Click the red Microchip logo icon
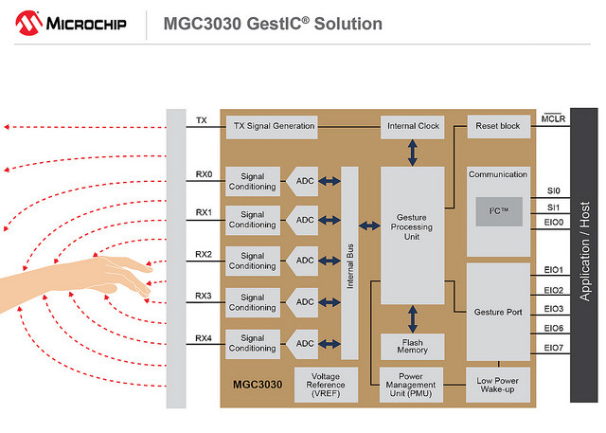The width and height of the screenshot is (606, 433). click(28, 23)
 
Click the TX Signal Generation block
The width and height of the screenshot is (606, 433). click(272, 127)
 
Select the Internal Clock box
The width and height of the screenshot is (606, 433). click(413, 127)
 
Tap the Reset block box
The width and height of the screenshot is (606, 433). click(499, 126)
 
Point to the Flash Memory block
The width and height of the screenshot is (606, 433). click(413, 347)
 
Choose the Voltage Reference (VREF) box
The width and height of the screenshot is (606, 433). click(326, 385)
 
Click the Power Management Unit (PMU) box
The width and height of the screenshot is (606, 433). click(411, 385)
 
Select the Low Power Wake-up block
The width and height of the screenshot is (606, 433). click(498, 385)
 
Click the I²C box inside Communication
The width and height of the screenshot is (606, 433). click(499, 211)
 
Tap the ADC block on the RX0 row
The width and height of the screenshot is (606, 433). click(302, 181)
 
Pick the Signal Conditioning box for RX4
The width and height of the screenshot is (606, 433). click(253, 344)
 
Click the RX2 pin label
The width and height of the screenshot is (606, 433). click(204, 254)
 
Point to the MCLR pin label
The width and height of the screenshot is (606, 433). click(553, 118)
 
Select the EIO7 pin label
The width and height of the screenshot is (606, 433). click(553, 348)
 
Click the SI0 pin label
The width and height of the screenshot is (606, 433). click(553, 190)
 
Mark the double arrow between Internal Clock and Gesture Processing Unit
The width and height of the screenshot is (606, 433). click(413, 153)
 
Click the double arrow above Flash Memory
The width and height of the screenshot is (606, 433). click(413, 319)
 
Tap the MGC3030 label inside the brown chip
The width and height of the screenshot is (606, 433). click(258, 385)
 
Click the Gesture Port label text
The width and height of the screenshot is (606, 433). click(498, 312)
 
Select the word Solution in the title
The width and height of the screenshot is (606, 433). click(348, 24)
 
